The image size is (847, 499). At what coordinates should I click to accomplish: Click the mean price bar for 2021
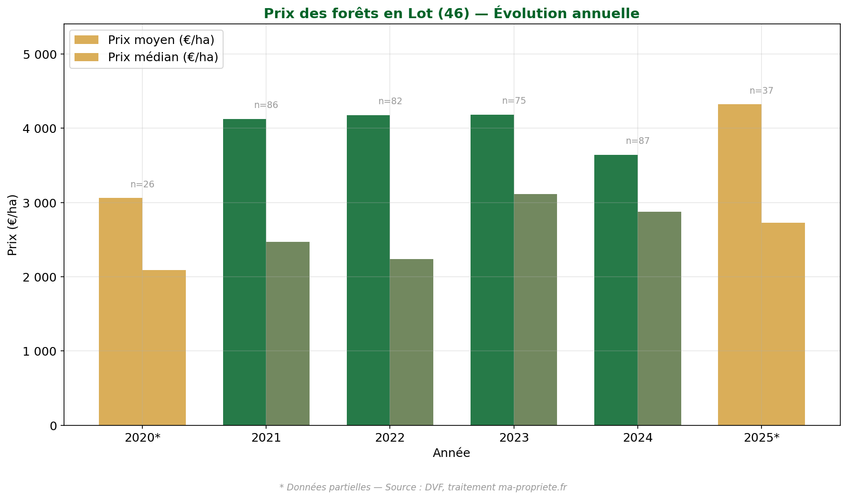point(244,272)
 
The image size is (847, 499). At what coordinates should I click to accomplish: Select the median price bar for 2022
point(411,342)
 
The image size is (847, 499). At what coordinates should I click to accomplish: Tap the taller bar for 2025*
point(740,265)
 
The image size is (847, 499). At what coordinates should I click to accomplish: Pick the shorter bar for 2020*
point(164,347)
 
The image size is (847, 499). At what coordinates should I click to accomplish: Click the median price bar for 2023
point(535,310)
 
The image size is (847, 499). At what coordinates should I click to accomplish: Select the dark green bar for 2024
point(616,290)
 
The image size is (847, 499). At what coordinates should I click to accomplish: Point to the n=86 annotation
point(266,105)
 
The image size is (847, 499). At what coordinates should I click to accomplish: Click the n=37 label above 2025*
point(761,91)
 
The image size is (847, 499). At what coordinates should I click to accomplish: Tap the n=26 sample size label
point(142,184)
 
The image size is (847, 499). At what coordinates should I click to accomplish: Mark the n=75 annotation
point(514,101)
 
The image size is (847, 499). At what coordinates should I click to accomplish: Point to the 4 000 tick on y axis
point(40,129)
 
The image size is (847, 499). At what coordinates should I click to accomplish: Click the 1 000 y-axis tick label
point(40,351)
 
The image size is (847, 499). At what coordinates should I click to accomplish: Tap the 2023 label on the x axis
point(514,438)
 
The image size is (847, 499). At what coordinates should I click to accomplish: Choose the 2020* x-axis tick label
point(142,438)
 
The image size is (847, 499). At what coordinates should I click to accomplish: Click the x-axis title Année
point(451,453)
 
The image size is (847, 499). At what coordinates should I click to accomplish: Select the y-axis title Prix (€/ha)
point(13,225)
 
